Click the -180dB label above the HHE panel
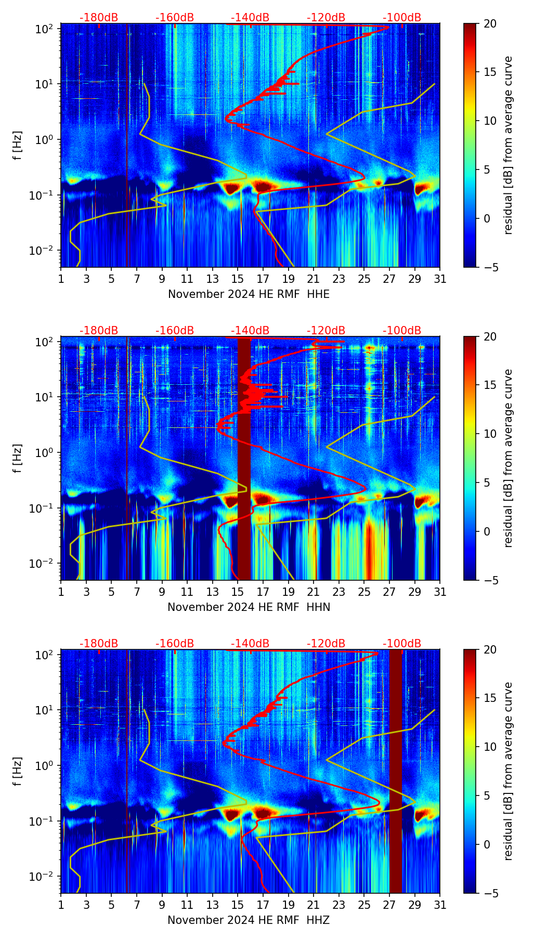(x=99, y=18)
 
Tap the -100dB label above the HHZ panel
(x=402, y=644)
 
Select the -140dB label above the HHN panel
(x=250, y=331)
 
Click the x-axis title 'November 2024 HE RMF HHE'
(x=249, y=294)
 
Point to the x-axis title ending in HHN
(x=249, y=607)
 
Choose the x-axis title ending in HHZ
(x=249, y=920)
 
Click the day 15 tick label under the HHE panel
(x=238, y=279)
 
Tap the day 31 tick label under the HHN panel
(x=440, y=592)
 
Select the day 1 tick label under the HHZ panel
(x=61, y=905)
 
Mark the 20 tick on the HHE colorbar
(x=490, y=23)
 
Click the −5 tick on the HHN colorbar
(x=490, y=580)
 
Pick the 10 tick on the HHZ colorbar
(x=490, y=747)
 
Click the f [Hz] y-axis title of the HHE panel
(x=18, y=146)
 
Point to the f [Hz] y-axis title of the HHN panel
(x=18, y=459)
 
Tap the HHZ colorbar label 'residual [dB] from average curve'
(x=508, y=772)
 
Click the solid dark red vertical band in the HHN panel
(x=244, y=458)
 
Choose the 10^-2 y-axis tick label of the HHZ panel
(x=42, y=877)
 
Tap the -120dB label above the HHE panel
(x=326, y=18)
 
